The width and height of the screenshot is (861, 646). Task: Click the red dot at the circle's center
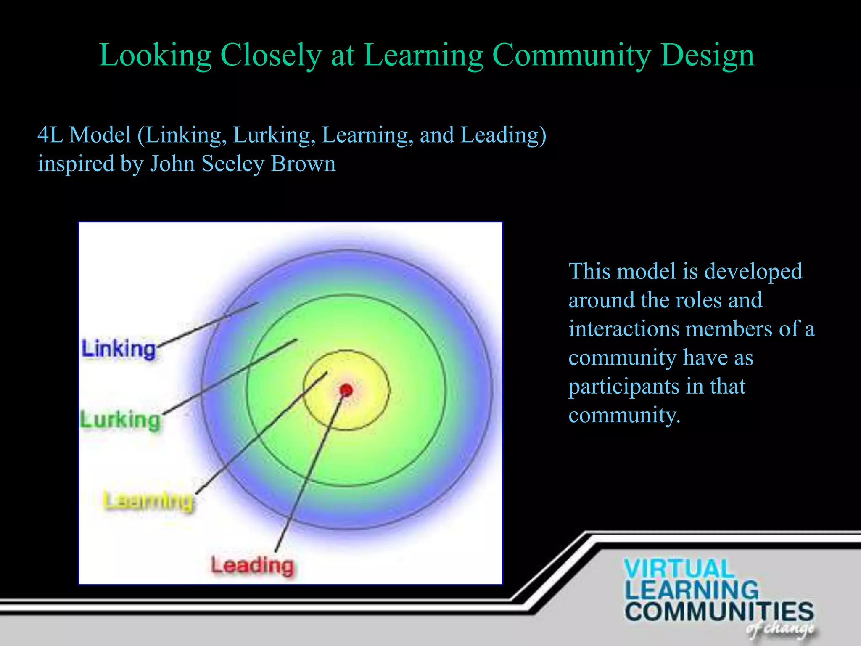tap(346, 390)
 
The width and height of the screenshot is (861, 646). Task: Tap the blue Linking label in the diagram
tap(119, 349)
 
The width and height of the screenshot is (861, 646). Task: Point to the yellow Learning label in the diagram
tap(148, 500)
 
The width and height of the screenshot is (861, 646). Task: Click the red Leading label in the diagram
tap(252, 565)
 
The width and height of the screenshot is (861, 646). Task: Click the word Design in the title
tap(708, 56)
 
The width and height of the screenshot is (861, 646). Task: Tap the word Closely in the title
tap(271, 56)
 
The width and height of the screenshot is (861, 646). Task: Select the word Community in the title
tap(571, 56)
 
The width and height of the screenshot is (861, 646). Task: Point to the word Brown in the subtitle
tap(304, 164)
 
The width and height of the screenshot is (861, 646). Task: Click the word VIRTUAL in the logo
tap(679, 569)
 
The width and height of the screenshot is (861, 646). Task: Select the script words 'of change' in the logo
tap(780, 629)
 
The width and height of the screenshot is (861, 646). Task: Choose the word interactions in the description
tap(624, 329)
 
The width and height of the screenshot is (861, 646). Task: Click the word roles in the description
tap(700, 300)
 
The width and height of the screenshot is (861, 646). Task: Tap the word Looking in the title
tap(155, 56)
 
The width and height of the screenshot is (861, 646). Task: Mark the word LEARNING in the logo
tap(692, 590)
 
